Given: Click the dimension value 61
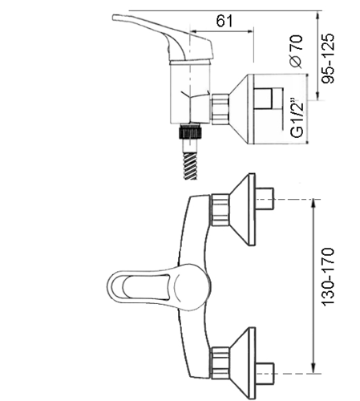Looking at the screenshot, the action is [224, 21].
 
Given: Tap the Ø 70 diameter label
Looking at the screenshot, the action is [296, 51].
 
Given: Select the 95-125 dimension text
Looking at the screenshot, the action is [328, 59].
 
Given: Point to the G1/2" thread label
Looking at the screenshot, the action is [297, 118].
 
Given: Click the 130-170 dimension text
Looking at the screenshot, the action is [328, 277].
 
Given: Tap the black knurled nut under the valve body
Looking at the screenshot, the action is [190, 132].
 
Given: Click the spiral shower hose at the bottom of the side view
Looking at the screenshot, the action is [190, 165].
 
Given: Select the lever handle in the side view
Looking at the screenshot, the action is [163, 38].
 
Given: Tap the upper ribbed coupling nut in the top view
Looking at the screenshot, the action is [220, 210].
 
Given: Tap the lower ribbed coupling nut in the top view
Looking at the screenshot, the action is [220, 363].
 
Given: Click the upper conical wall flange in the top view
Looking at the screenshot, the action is [243, 209].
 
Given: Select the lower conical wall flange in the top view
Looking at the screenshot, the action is [243, 363].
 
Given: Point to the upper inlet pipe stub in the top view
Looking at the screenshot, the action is [265, 199].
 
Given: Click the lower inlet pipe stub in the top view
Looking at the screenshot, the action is [265, 374].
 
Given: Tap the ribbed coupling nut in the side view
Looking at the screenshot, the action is [220, 109].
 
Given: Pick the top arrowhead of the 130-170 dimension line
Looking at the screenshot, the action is [313, 203].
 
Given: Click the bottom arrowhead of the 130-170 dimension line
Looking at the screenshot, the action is [313, 370].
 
